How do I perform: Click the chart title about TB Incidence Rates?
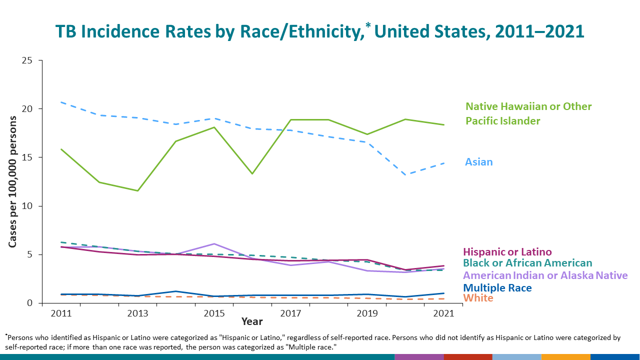point(319,31)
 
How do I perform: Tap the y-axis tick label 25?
point(27,60)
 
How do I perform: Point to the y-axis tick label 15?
point(27,157)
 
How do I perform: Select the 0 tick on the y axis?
point(29,303)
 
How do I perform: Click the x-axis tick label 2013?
point(137,314)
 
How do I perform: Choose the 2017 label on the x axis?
point(290,314)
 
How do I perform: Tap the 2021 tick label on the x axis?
point(443,314)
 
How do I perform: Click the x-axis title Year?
point(252,321)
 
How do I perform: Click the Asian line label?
point(479,162)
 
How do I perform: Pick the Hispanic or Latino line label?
point(507,252)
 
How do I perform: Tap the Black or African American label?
point(527,263)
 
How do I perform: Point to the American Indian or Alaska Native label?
point(545,275)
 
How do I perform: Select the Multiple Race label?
point(497,288)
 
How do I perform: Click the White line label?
point(478,298)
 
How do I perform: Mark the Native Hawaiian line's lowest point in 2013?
point(137,190)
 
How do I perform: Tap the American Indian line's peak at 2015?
point(214,243)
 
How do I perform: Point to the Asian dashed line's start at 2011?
point(61,102)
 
